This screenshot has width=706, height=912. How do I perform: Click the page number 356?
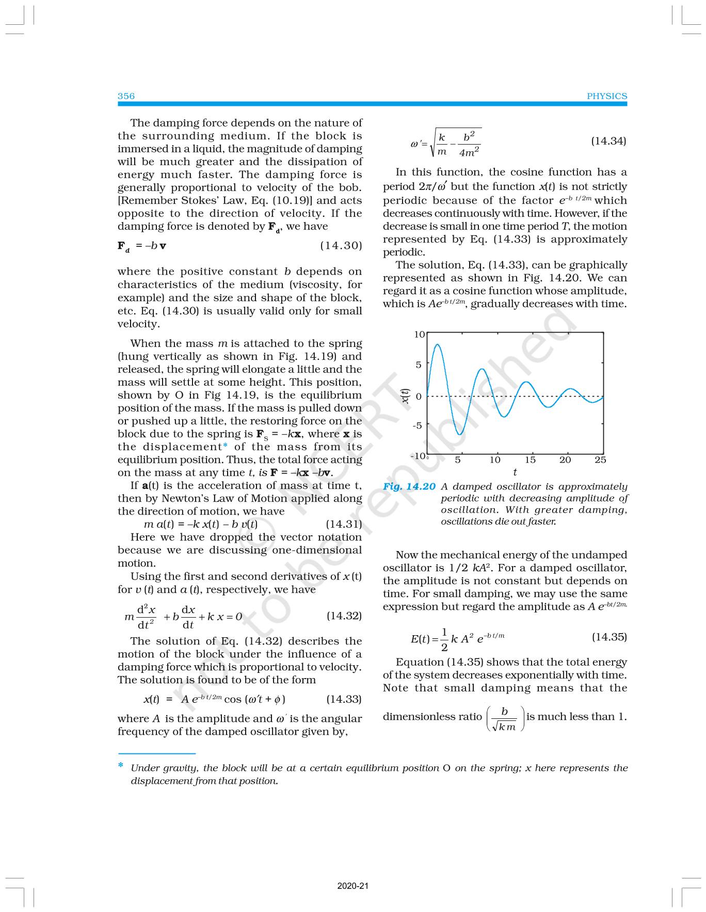pyautogui.click(x=126, y=96)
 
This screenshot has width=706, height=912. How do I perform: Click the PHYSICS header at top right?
pyautogui.click(x=606, y=96)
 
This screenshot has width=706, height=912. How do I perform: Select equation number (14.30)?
pyautogui.click(x=341, y=246)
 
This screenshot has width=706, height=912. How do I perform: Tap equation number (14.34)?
pyautogui.click(x=608, y=141)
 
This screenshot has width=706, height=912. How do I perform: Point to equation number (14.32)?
pyautogui.click(x=344, y=616)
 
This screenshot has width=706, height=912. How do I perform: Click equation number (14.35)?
pyautogui.click(x=609, y=637)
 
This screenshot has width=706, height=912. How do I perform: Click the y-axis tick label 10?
pyautogui.click(x=419, y=335)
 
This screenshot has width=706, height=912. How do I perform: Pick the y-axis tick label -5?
pyautogui.click(x=417, y=426)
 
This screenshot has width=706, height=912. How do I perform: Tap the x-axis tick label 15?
pyautogui.click(x=530, y=460)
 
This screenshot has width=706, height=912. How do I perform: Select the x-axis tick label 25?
pyautogui.click(x=600, y=460)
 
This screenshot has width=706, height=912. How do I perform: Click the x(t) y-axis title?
pyautogui.click(x=405, y=396)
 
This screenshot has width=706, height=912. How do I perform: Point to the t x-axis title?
pyautogui.click(x=515, y=472)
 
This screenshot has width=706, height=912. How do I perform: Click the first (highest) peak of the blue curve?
pyautogui.click(x=437, y=344)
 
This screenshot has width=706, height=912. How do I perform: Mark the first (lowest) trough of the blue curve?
pyautogui.click(x=459, y=434)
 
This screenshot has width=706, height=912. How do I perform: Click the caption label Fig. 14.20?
pyautogui.click(x=409, y=486)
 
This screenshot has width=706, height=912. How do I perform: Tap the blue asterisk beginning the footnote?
pyautogui.click(x=121, y=765)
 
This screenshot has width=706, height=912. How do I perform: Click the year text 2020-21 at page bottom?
pyautogui.click(x=353, y=886)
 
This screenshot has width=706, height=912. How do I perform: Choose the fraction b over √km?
pyautogui.click(x=505, y=718)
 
